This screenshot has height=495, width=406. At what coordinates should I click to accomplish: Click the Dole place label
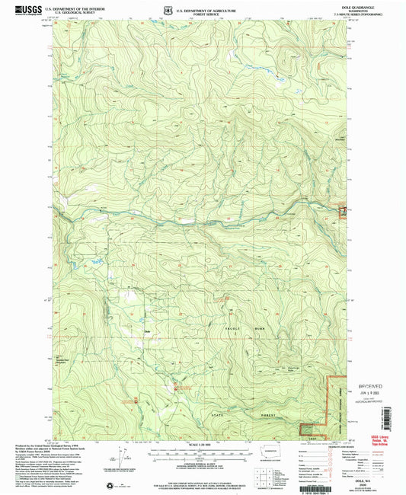coord(148,330)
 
